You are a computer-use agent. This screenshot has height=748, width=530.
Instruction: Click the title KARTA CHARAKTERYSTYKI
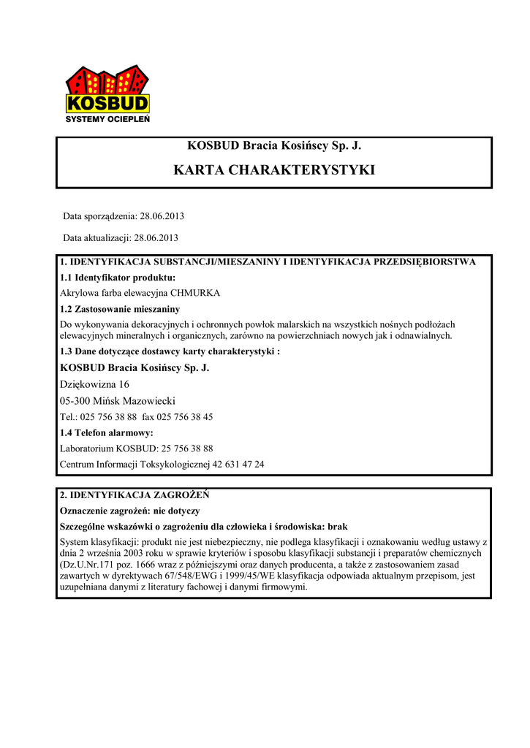(274, 170)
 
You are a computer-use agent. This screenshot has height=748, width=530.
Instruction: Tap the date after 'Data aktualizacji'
(156, 238)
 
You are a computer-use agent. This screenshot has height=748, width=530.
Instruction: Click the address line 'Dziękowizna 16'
(94, 384)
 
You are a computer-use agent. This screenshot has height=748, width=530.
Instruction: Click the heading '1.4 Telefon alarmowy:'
(106, 433)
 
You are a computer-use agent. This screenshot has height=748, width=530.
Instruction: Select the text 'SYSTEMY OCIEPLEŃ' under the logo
(107, 119)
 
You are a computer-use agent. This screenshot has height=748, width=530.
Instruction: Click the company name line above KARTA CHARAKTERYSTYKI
(274, 145)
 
